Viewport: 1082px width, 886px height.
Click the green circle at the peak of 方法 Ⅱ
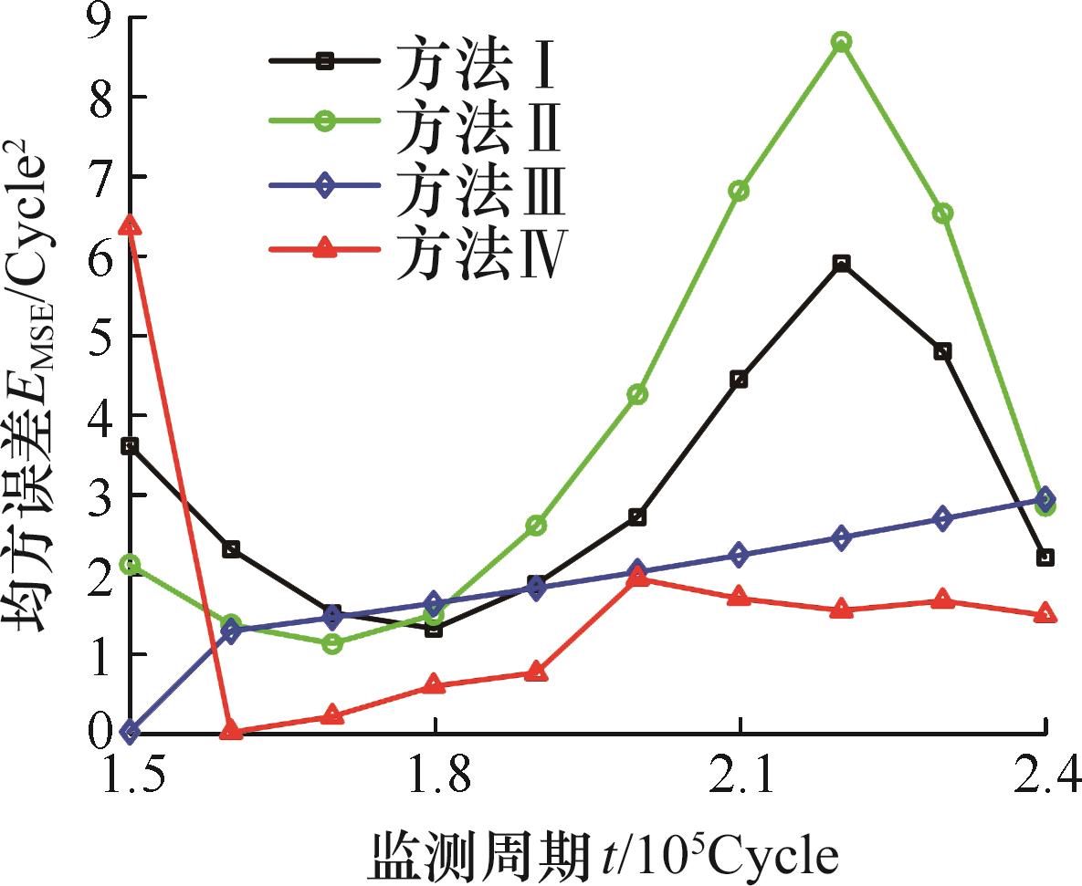point(841,42)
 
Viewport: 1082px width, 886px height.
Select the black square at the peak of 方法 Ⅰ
point(841,264)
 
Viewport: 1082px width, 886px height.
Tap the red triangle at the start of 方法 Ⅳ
point(131,224)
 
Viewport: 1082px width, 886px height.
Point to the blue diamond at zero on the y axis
point(131,731)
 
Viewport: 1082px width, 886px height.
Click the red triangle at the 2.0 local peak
point(637,578)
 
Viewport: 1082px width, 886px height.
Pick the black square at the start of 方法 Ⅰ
point(131,445)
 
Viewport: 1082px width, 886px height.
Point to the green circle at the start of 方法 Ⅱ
point(131,565)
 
